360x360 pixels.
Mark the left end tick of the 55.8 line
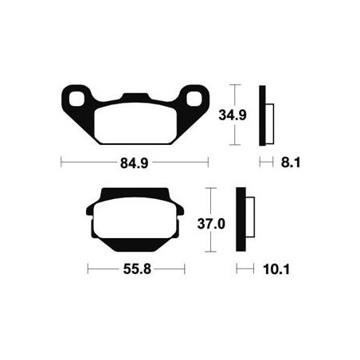pyautogui.click(x=87, y=270)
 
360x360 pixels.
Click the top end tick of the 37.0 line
pyautogui.click(x=209, y=189)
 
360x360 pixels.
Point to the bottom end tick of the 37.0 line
pyautogui.click(x=209, y=252)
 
